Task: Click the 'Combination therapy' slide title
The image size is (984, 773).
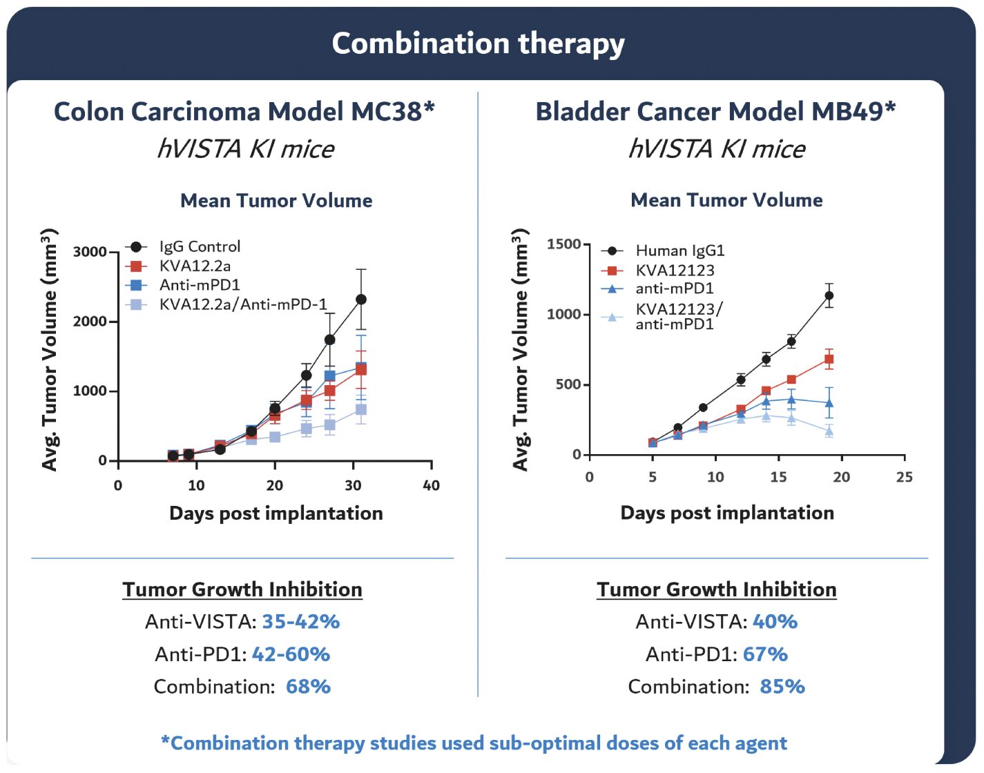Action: (x=478, y=43)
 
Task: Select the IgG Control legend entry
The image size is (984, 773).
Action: (x=200, y=246)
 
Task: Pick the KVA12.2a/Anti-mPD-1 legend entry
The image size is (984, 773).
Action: (x=242, y=304)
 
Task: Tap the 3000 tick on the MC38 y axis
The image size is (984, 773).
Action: (x=90, y=252)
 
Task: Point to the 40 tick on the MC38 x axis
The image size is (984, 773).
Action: (x=431, y=485)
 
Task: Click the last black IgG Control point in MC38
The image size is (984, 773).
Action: (x=360, y=300)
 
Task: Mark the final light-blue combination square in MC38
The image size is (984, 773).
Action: (x=360, y=410)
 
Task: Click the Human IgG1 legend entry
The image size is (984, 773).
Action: (x=679, y=251)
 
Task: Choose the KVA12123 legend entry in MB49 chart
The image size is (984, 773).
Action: (x=675, y=270)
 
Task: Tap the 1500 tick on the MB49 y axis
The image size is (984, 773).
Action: (x=563, y=244)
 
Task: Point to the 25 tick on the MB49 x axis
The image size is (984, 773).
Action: (x=904, y=477)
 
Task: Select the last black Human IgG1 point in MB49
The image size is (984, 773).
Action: (x=829, y=295)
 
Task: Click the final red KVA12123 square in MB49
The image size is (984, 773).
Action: (x=829, y=359)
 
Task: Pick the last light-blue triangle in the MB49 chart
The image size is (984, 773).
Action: (x=829, y=431)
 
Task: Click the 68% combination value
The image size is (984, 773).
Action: (x=308, y=687)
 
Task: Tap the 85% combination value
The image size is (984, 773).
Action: (x=782, y=687)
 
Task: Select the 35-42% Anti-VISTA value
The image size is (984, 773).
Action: (x=301, y=622)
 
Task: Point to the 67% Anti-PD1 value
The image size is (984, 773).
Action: (x=765, y=654)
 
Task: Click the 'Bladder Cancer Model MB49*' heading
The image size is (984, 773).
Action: (x=715, y=112)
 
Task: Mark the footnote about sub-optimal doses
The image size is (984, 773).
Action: (x=474, y=743)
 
